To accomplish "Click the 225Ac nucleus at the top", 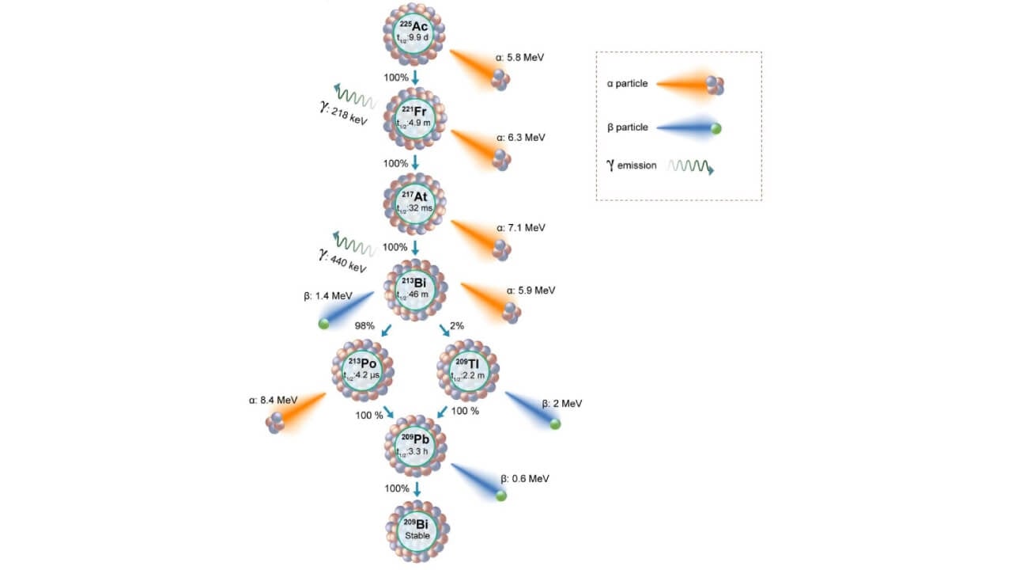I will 414,32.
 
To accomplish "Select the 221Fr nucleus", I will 414,119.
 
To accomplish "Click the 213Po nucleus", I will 363,370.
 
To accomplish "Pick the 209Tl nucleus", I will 468,370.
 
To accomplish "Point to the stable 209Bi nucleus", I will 417,529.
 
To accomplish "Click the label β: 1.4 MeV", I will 327,296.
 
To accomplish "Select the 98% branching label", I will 364,325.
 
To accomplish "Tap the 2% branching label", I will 457,325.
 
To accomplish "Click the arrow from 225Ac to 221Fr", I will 414,78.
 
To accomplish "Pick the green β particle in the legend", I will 716,128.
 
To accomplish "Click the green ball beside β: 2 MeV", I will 555,424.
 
